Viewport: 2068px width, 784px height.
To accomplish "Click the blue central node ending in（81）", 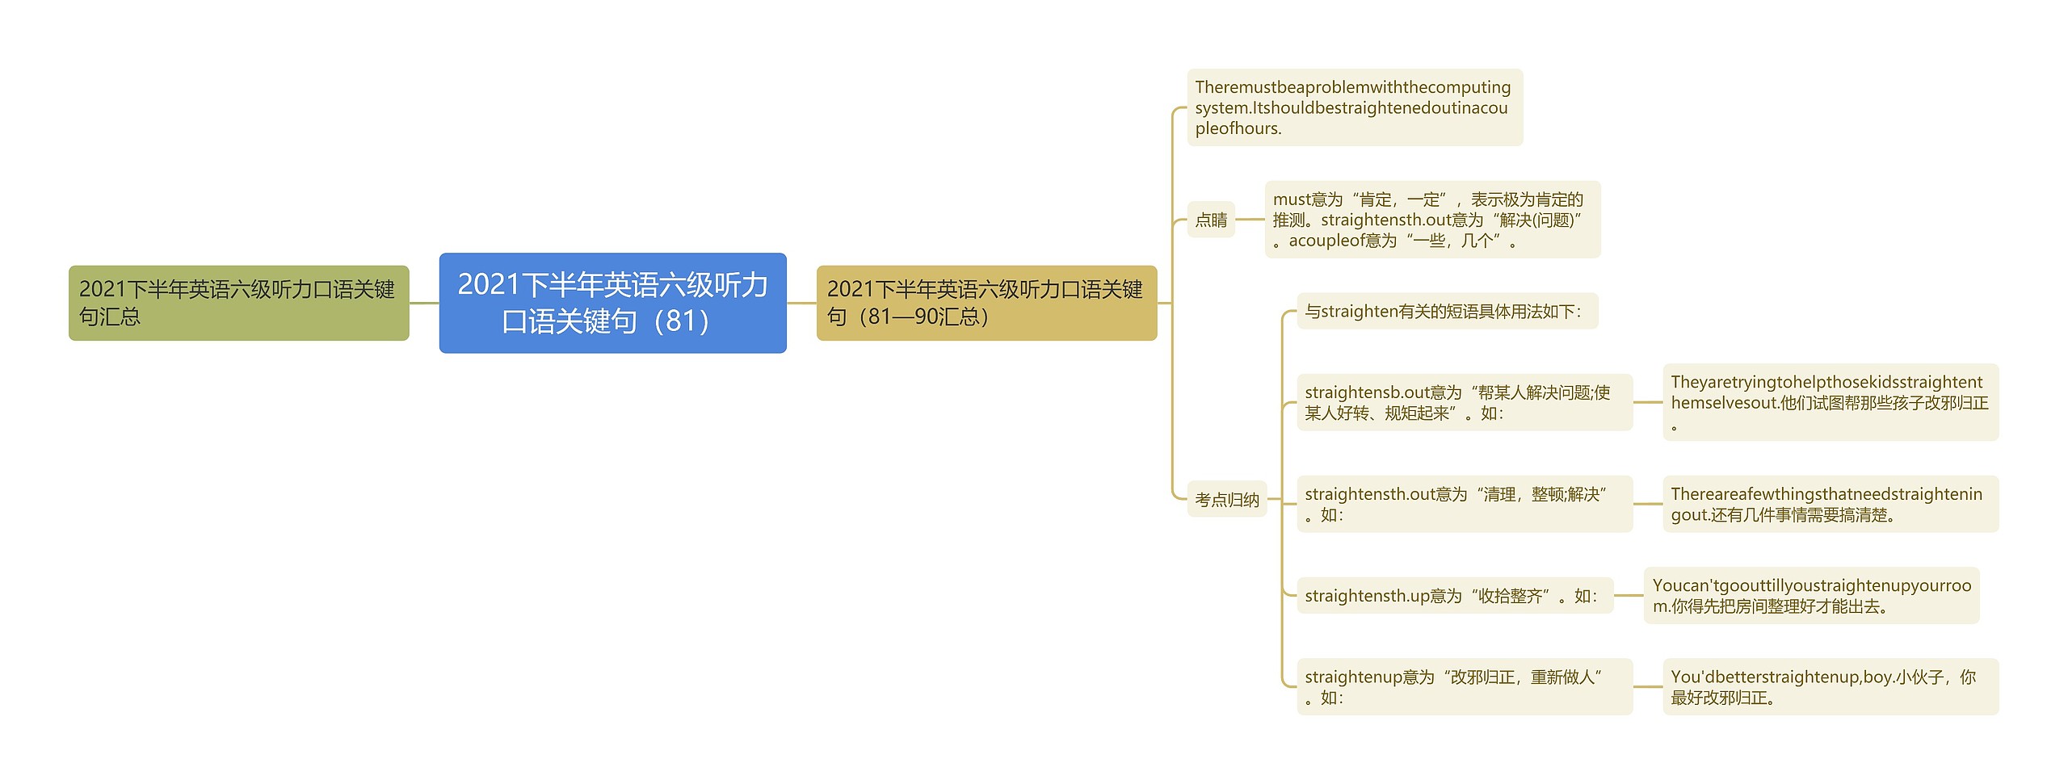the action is (x=612, y=303).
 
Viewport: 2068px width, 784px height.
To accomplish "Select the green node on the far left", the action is (x=238, y=303).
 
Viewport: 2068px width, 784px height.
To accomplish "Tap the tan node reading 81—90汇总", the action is (x=986, y=303).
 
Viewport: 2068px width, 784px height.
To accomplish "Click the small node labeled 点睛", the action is (x=1211, y=220).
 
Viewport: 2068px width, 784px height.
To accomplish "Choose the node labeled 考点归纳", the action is (x=1226, y=500).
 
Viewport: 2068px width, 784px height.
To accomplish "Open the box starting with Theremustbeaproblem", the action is (x=1354, y=107).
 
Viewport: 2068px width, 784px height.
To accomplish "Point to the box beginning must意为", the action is (x=1431, y=220).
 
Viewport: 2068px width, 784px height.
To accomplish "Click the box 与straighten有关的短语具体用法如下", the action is (x=1446, y=311).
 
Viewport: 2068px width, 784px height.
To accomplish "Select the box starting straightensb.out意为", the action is (x=1464, y=402).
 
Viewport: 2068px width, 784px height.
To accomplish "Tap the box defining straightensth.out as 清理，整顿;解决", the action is (x=1464, y=504).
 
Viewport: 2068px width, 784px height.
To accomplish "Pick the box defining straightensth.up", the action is (x=1454, y=596).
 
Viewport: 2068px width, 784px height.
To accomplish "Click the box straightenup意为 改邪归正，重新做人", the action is (x=1464, y=686).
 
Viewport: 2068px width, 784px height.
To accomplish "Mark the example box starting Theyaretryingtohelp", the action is (x=1830, y=402).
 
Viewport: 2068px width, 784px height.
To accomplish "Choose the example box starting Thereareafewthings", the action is (x=1830, y=504).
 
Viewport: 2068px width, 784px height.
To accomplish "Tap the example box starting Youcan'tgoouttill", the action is (x=1811, y=596).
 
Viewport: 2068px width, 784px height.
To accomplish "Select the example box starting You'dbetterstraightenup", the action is (x=1830, y=686).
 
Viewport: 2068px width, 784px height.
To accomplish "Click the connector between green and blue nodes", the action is (x=424, y=303).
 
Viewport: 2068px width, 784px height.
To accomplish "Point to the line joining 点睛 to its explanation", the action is (x=1250, y=219).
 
